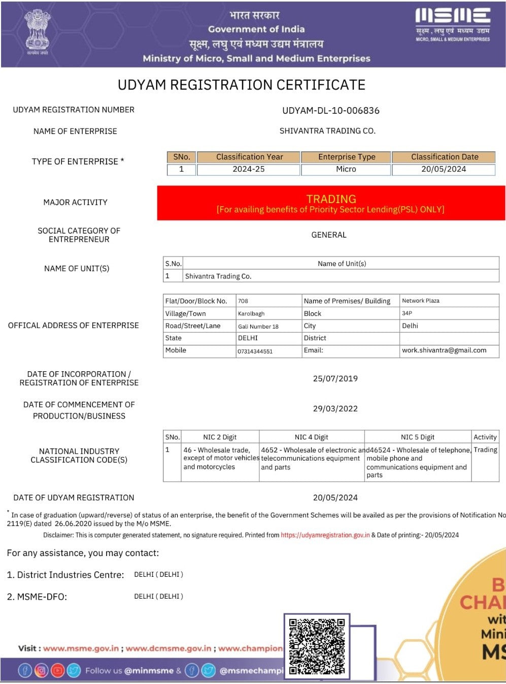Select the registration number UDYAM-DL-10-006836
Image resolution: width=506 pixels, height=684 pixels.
pyautogui.click(x=331, y=111)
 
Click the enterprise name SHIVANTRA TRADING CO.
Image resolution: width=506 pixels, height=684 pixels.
pyautogui.click(x=327, y=131)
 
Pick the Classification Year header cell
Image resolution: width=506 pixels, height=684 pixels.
pyautogui.click(x=249, y=157)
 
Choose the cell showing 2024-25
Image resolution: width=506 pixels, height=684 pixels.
pyautogui.click(x=249, y=169)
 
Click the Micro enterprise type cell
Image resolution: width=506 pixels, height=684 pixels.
pyautogui.click(x=346, y=169)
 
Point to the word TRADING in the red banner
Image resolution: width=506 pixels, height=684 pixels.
pyautogui.click(x=331, y=199)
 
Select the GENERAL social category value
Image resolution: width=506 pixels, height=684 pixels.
pyautogui.click(x=329, y=235)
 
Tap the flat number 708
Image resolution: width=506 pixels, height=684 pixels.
pyautogui.click(x=243, y=301)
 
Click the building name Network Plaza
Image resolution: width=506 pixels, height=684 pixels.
pyautogui.click(x=421, y=301)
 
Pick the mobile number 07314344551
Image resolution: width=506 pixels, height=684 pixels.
pyautogui.click(x=255, y=351)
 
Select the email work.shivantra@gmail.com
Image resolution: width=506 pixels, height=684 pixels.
pyautogui.click(x=444, y=350)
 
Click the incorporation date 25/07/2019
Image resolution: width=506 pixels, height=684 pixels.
pyautogui.click(x=335, y=378)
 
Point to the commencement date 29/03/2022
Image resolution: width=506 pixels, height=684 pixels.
pyautogui.click(x=335, y=408)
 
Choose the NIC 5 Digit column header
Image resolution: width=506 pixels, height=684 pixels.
pyautogui.click(x=418, y=437)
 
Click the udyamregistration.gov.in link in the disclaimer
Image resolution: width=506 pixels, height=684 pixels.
pyautogui.click(x=325, y=535)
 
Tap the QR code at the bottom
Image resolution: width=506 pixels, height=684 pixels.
pyautogui.click(x=317, y=646)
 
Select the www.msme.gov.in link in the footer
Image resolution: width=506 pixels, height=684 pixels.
pyautogui.click(x=81, y=648)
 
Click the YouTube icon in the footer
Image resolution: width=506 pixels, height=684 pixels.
pyautogui.click(x=57, y=671)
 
